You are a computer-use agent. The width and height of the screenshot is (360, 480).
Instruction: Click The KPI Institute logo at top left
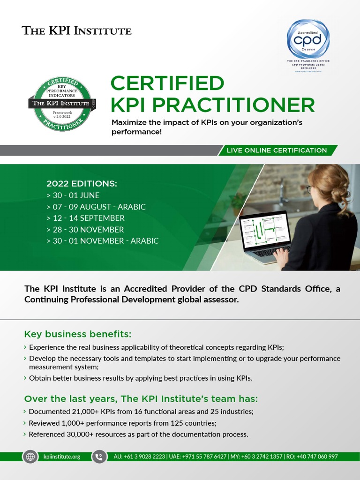point(77,31)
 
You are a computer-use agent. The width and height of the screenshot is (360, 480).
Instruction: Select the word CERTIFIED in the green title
point(167,83)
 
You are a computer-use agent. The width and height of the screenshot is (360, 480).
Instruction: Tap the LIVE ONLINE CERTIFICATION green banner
point(277,150)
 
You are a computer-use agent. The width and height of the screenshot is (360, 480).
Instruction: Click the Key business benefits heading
point(78,334)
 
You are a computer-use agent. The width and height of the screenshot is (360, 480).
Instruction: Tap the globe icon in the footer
point(30,457)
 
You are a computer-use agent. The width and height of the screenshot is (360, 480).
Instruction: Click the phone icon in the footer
point(99,457)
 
